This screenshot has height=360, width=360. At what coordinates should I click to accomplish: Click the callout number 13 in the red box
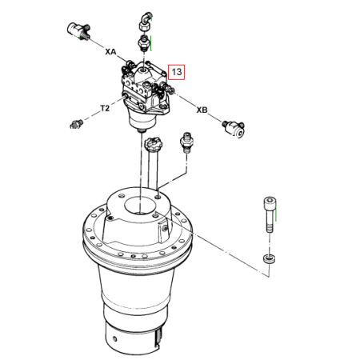pyautogui.click(x=177, y=72)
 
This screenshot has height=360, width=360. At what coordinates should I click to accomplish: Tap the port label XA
pyautogui.click(x=110, y=51)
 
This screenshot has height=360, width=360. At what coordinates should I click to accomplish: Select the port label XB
pyautogui.click(x=202, y=110)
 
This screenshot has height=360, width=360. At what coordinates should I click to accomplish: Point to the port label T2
pyautogui.click(x=105, y=108)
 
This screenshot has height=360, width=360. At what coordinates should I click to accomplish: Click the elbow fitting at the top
pyautogui.click(x=146, y=21)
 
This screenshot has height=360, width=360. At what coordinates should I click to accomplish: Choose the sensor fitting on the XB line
pyautogui.click(x=234, y=128)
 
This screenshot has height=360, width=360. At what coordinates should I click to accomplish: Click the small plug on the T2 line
pyautogui.click(x=76, y=124)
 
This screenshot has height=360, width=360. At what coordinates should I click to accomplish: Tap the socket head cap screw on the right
pyautogui.click(x=270, y=214)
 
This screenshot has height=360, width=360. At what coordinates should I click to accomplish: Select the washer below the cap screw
pyautogui.click(x=269, y=258)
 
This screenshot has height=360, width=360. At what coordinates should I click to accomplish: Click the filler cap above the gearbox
pyautogui.click(x=153, y=143)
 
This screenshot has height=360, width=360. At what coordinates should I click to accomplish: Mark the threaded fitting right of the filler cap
pyautogui.click(x=186, y=142)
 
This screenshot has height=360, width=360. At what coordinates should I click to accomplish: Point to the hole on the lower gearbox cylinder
pyautogui.click(x=114, y=339)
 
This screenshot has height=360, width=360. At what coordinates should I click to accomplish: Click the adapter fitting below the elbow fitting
pyautogui.click(x=143, y=43)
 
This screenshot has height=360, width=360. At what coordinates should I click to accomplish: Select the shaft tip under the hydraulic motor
pyautogui.click(x=141, y=130)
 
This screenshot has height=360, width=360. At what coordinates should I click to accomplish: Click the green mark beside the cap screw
pyautogui.click(x=276, y=214)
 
